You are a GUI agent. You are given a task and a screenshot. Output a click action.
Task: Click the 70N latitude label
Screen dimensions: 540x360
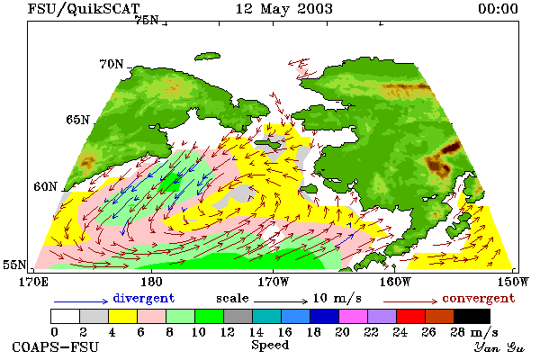click(112, 64)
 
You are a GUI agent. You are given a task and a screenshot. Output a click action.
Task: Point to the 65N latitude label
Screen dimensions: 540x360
click(77, 120)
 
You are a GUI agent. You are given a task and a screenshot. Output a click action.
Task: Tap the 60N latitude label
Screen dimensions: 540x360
click(45, 186)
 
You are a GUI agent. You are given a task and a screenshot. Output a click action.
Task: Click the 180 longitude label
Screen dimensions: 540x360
click(151, 282)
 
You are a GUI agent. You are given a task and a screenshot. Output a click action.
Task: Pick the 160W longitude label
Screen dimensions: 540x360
click(395, 282)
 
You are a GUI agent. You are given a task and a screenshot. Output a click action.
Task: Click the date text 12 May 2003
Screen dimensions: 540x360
click(284, 9)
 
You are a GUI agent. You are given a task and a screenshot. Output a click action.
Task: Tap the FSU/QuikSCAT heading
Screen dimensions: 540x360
click(84, 9)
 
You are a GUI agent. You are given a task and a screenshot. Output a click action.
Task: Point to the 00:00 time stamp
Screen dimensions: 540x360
click(498, 9)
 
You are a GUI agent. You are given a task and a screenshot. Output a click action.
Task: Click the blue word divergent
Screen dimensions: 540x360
click(144, 298)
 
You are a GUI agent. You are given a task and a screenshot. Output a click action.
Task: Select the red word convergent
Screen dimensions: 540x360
click(479, 298)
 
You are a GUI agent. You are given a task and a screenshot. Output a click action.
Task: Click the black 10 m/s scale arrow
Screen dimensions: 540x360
click(281, 301)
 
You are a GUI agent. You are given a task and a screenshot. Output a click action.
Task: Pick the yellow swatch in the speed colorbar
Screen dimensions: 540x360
click(122, 316)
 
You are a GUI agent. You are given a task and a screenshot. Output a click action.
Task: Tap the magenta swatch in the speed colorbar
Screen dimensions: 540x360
click(353, 316)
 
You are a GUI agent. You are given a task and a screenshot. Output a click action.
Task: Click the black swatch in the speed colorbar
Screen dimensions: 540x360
click(472, 316)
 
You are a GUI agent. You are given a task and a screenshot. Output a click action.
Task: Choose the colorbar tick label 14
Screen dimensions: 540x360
click(256, 332)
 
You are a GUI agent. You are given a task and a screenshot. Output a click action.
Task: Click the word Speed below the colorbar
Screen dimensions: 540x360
click(270, 345)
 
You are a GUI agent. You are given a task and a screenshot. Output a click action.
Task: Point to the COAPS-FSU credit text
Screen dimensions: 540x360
click(56, 346)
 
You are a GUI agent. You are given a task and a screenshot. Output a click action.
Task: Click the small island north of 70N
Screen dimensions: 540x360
click(207, 57)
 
